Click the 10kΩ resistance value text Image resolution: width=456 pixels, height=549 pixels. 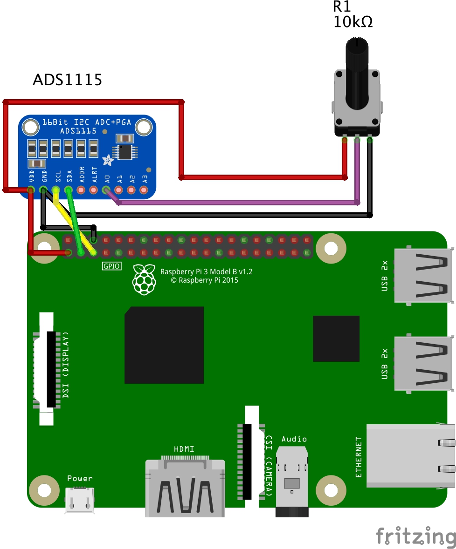(x=353, y=22)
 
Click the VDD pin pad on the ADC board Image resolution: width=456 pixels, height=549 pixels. (x=31, y=190)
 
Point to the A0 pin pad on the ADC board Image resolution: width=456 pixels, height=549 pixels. (x=106, y=190)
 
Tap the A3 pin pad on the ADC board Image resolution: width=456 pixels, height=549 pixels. (x=144, y=190)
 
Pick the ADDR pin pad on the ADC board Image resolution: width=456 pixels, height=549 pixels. (x=81, y=190)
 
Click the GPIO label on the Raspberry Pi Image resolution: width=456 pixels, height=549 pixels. (x=111, y=266)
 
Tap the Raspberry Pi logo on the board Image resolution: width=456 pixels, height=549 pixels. (x=144, y=279)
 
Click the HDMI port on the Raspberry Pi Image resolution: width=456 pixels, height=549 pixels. (x=185, y=487)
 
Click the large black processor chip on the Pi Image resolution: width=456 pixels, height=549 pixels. (x=164, y=345)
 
